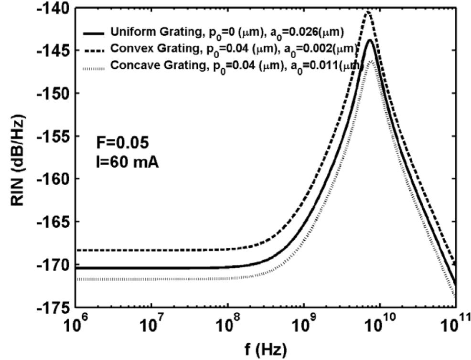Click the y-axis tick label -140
(53, 8)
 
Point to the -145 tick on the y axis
(53, 50)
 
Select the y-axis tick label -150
(53, 93)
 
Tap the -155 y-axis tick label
(53, 136)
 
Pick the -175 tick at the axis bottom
(53, 306)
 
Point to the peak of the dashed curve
(368, 11)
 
